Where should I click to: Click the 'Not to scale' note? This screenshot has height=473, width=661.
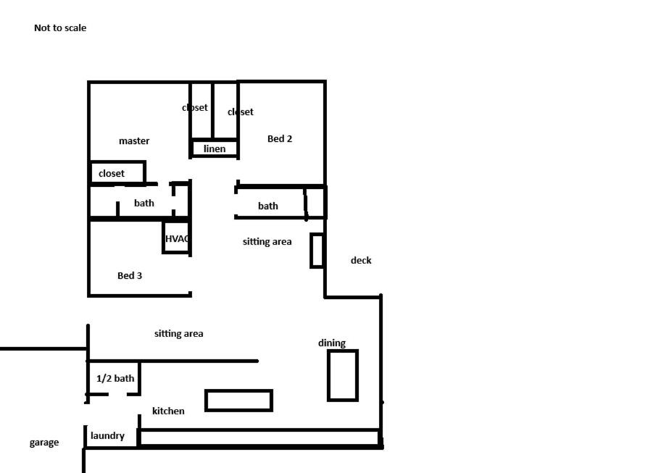click(x=60, y=28)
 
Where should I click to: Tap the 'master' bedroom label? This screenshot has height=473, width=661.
click(x=134, y=141)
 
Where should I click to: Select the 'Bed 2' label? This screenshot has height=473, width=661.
click(x=280, y=138)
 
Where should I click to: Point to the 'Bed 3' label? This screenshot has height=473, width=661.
click(x=130, y=275)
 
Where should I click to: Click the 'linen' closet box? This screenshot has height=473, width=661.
click(x=215, y=148)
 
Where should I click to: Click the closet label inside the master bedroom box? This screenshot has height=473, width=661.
click(x=112, y=173)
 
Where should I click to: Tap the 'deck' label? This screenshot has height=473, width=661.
click(x=361, y=260)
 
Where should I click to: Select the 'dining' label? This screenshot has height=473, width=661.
click(x=332, y=343)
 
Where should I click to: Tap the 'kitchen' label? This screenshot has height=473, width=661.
click(x=168, y=411)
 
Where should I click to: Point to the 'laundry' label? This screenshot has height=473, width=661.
click(x=107, y=435)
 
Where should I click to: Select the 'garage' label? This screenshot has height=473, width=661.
click(x=44, y=443)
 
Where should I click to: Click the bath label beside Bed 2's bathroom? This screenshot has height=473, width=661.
click(x=268, y=206)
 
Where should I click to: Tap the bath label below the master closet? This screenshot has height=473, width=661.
click(x=144, y=203)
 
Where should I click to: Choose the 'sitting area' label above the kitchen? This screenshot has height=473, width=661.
click(x=179, y=334)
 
